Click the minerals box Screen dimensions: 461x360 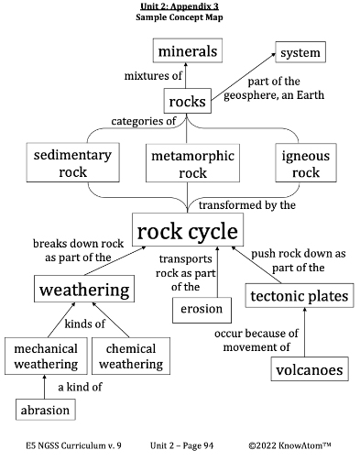pyautogui.click(x=187, y=51)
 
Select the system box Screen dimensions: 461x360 pyautogui.click(x=300, y=52)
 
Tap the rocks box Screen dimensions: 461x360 pyautogui.click(x=187, y=101)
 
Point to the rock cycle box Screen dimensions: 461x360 pyautogui.click(x=187, y=231)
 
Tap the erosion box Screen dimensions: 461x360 pyautogui.click(x=201, y=309)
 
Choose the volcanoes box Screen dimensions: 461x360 pyautogui.click(x=310, y=370)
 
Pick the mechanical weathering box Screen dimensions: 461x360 pyautogui.click(x=45, y=357)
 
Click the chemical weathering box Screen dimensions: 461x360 pyautogui.click(x=130, y=357)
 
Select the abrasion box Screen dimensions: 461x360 pyautogui.click(x=45, y=411)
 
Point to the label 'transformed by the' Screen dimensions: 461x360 pyautogui.click(x=246, y=205)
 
